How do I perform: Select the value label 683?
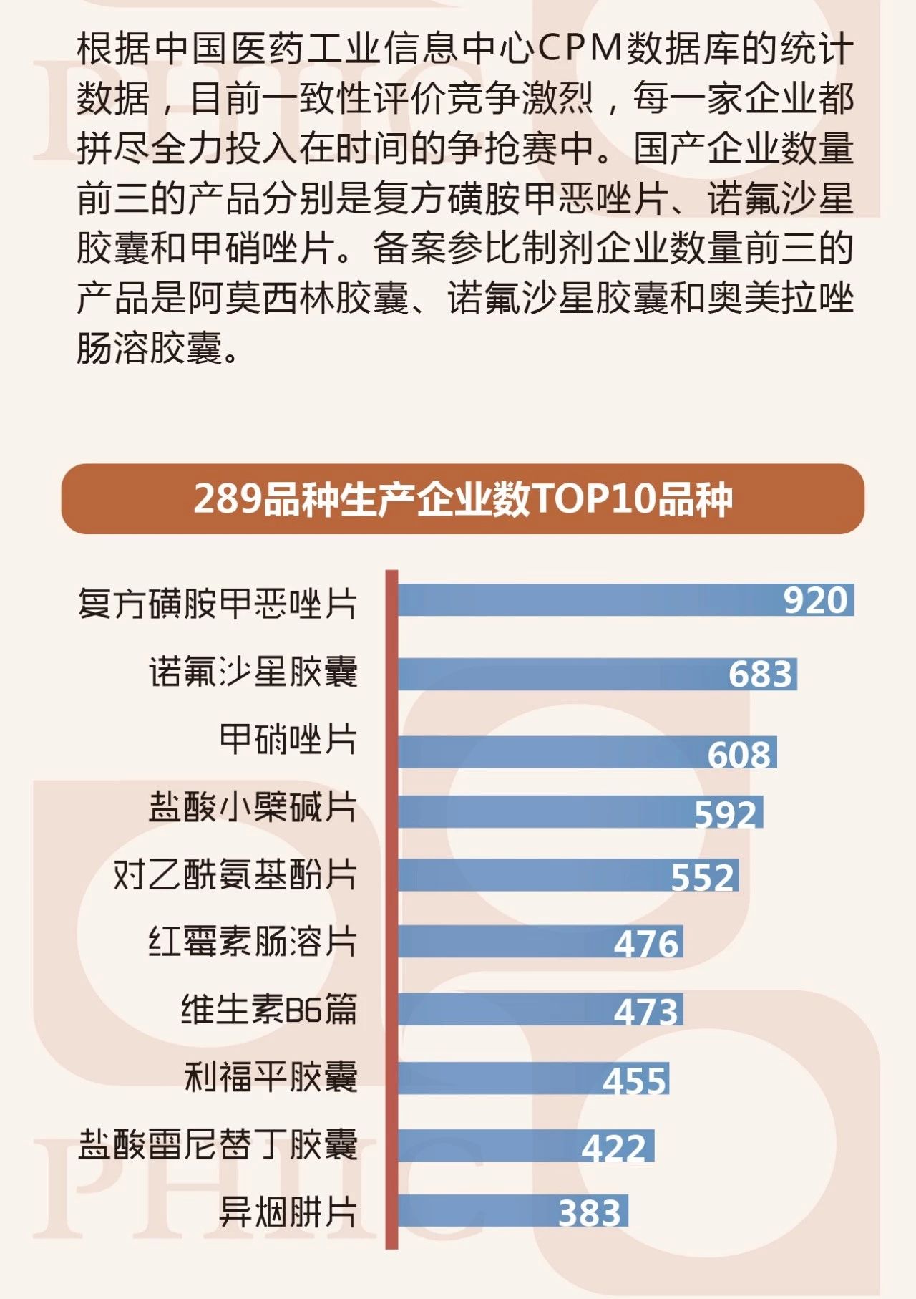click(x=761, y=675)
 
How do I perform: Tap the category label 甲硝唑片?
click(x=288, y=739)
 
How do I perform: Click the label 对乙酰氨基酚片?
click(x=235, y=874)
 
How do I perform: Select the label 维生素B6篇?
click(x=268, y=1010)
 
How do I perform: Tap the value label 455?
click(x=635, y=1080)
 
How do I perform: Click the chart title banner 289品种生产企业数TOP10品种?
click(x=463, y=499)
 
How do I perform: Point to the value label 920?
click(x=815, y=600)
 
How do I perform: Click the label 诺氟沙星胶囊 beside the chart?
click(x=253, y=672)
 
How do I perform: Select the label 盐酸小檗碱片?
click(x=253, y=807)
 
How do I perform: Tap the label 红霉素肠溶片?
click(x=253, y=942)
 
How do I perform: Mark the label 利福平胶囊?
click(x=271, y=1077)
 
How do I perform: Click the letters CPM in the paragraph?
click(x=580, y=49)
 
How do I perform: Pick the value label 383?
click(x=590, y=1212)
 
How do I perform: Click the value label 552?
click(x=703, y=877)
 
